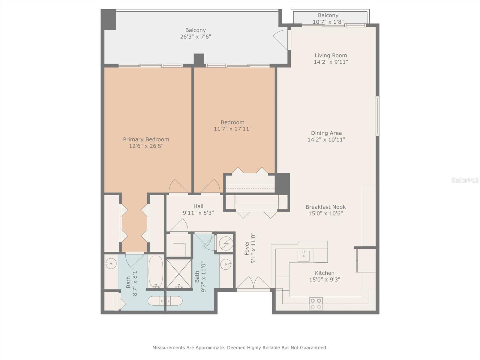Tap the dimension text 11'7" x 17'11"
point(232,129)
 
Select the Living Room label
point(331,55)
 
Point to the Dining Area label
point(326,133)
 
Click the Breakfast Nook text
point(325,207)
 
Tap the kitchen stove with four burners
point(316,303)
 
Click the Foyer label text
point(247,248)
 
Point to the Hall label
point(198,206)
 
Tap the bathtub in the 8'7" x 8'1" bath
point(156,271)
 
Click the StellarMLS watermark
point(465,180)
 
